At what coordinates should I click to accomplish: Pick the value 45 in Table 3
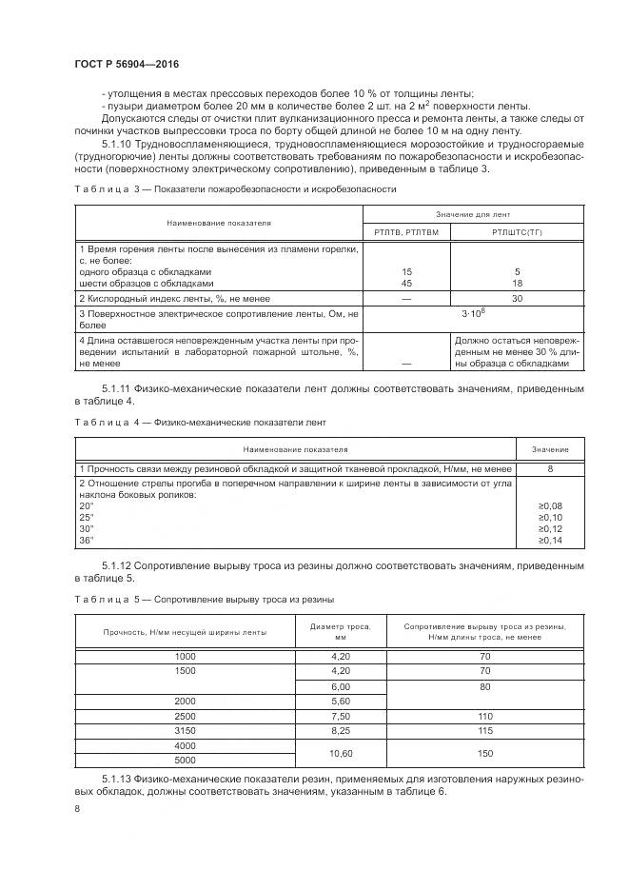(407, 283)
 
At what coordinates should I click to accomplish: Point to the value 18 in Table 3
(517, 283)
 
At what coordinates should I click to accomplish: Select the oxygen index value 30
(517, 298)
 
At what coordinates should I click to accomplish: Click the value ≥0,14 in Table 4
(550, 540)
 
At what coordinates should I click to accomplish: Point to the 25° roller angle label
(87, 517)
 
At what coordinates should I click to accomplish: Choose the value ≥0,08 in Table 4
(550, 505)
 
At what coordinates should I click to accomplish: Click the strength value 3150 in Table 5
(185, 729)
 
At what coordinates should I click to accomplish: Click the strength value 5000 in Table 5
(185, 760)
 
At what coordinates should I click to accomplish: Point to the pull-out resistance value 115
(484, 729)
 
